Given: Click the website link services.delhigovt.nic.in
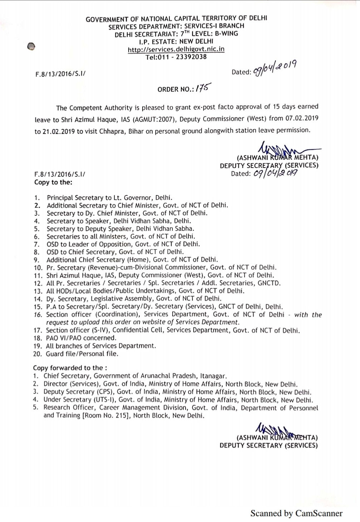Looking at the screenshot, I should tap(176, 49).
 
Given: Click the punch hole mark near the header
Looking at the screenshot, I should tap(31, 46).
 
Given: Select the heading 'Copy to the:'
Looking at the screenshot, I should tap(53, 182).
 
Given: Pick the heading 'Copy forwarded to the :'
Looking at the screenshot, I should tap(70, 368).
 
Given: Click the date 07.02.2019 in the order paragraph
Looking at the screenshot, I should tap(302, 118).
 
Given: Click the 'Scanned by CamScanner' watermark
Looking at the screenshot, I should tap(296, 513).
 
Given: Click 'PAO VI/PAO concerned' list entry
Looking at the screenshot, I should tap(81, 338).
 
